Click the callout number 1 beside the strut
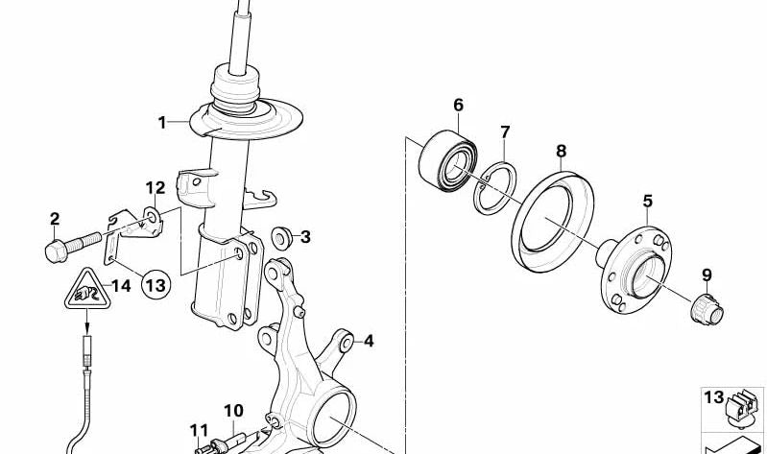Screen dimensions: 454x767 click(x=162, y=122)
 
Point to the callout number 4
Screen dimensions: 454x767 click(x=369, y=341)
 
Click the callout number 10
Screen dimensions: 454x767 click(x=233, y=411)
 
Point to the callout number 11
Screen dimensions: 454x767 click(x=198, y=429)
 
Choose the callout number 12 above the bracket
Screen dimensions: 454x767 click(x=156, y=187)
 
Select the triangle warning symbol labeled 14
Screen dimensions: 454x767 click(x=87, y=289)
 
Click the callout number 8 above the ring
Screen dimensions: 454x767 click(x=562, y=151)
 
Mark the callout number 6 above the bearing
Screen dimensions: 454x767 click(x=458, y=105)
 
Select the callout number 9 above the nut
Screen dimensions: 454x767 click(x=707, y=275)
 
